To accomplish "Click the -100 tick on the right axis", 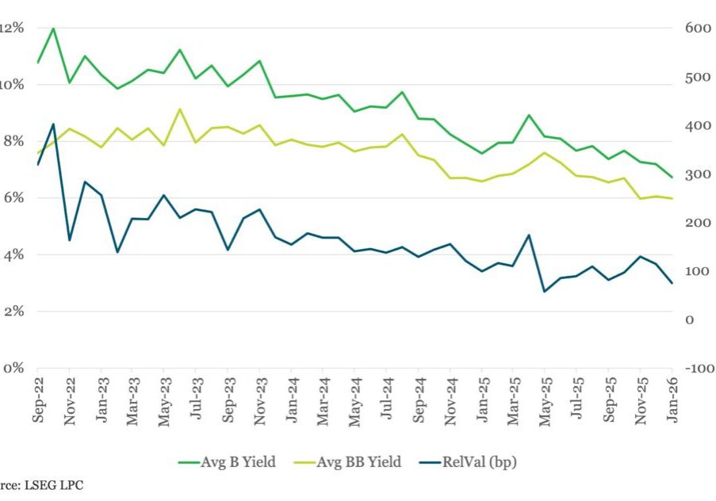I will coord(695,369).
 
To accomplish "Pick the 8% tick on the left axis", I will coord(13,141).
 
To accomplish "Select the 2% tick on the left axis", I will coord(13,312).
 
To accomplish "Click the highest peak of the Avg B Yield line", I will coord(53,29).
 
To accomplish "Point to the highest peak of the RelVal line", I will coord(53,124).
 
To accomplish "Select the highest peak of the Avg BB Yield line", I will coord(180,109).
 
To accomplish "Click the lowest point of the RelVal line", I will coord(545,291).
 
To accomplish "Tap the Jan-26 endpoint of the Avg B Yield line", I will coord(672,177).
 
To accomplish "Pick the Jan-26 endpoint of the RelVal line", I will coord(672,283).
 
